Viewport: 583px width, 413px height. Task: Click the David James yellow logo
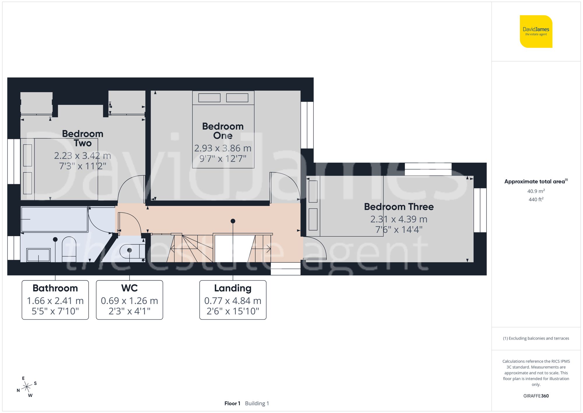(536, 32)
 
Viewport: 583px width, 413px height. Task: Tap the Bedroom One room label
(223, 131)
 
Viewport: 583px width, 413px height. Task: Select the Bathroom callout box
(55, 300)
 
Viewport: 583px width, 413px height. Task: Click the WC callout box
(129, 300)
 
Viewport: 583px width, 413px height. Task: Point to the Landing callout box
(233, 300)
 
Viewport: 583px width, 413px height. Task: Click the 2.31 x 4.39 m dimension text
(398, 219)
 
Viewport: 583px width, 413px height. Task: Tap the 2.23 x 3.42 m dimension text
(82, 156)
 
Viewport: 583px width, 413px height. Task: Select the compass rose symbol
(27, 387)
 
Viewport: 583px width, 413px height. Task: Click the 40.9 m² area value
(536, 191)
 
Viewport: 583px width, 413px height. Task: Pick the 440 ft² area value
(536, 199)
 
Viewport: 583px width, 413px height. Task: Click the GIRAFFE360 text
(536, 396)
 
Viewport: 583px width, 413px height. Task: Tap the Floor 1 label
(232, 403)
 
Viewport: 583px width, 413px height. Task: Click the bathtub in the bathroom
(55, 219)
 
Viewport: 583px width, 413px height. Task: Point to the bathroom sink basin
(38, 255)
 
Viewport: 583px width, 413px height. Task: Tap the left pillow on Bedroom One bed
(209, 98)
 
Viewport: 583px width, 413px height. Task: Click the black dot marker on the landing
(233, 221)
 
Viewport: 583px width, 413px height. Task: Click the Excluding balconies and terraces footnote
(536, 338)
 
